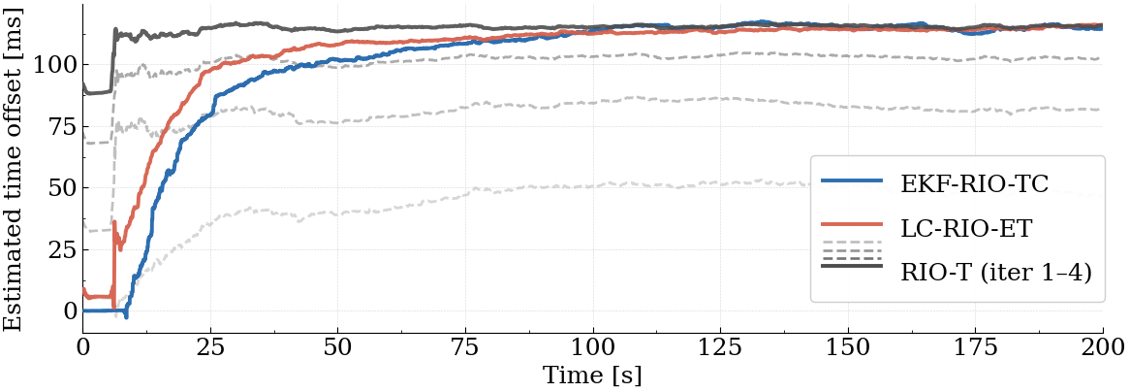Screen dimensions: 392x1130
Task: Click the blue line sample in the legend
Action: [x=852, y=181]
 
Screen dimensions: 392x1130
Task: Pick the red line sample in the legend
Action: [x=852, y=227]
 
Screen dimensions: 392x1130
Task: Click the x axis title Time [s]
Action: [x=593, y=375]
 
